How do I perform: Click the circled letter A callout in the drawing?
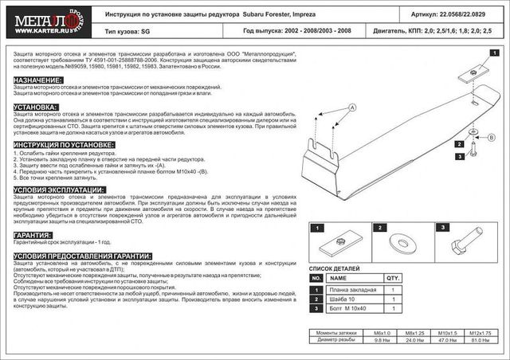351,107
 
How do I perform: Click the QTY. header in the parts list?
392,280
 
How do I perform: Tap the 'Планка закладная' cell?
349,290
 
